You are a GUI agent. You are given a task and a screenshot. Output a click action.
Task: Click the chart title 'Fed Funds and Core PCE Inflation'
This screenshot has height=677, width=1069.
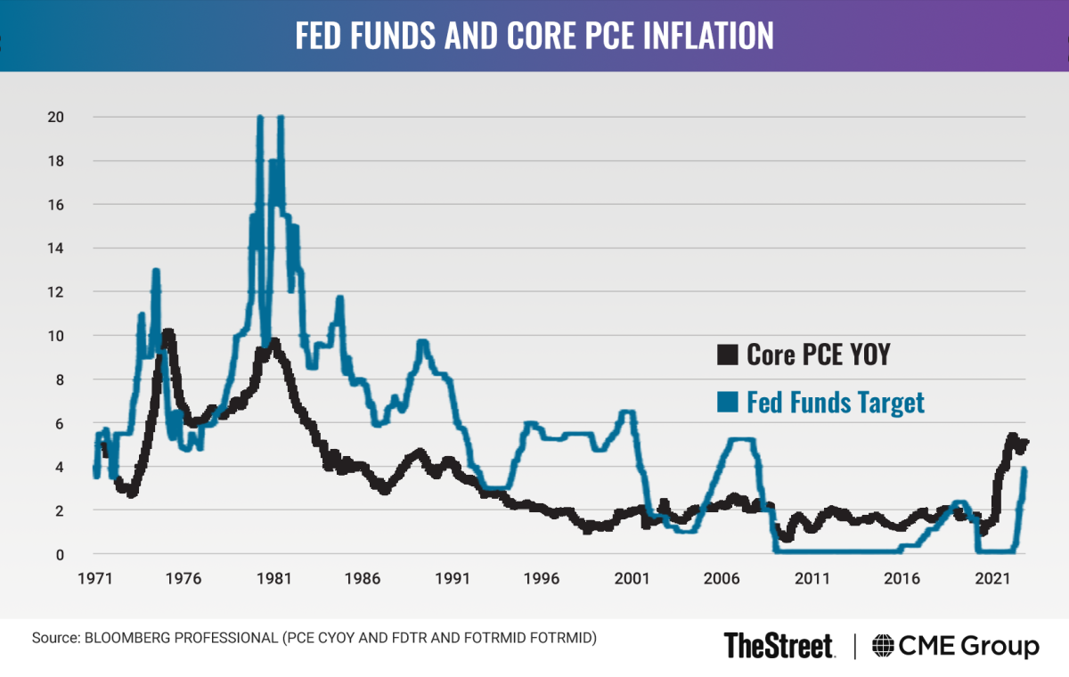(534, 36)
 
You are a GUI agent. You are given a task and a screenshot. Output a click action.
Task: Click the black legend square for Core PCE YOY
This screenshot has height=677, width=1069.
(728, 355)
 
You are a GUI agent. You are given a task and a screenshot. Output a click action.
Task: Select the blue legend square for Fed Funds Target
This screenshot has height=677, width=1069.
(728, 403)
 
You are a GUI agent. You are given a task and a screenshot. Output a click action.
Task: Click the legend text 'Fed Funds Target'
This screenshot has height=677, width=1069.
(836, 403)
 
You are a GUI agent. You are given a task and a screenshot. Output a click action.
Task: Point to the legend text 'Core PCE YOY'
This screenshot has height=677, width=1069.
(819, 355)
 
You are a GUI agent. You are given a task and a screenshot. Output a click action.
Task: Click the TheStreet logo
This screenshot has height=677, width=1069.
(779, 645)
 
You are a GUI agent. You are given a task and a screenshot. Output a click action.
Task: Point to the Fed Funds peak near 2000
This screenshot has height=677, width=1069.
(627, 412)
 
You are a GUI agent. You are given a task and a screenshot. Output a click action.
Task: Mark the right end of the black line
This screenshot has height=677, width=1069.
(1026, 442)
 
